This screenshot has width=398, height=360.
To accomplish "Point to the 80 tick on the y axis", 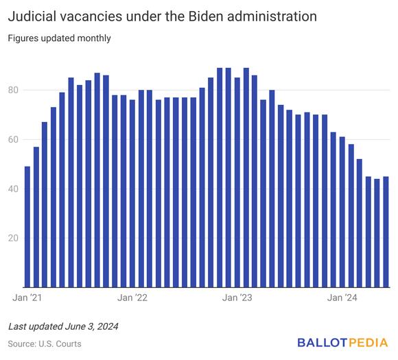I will tap(14, 90).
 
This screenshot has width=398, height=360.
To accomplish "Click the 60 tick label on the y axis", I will tap(14, 139).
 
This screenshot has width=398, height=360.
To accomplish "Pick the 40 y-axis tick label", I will tap(14, 189).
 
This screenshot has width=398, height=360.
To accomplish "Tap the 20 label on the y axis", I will tap(14, 238).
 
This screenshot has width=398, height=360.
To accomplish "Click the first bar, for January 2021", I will tap(27, 226).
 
